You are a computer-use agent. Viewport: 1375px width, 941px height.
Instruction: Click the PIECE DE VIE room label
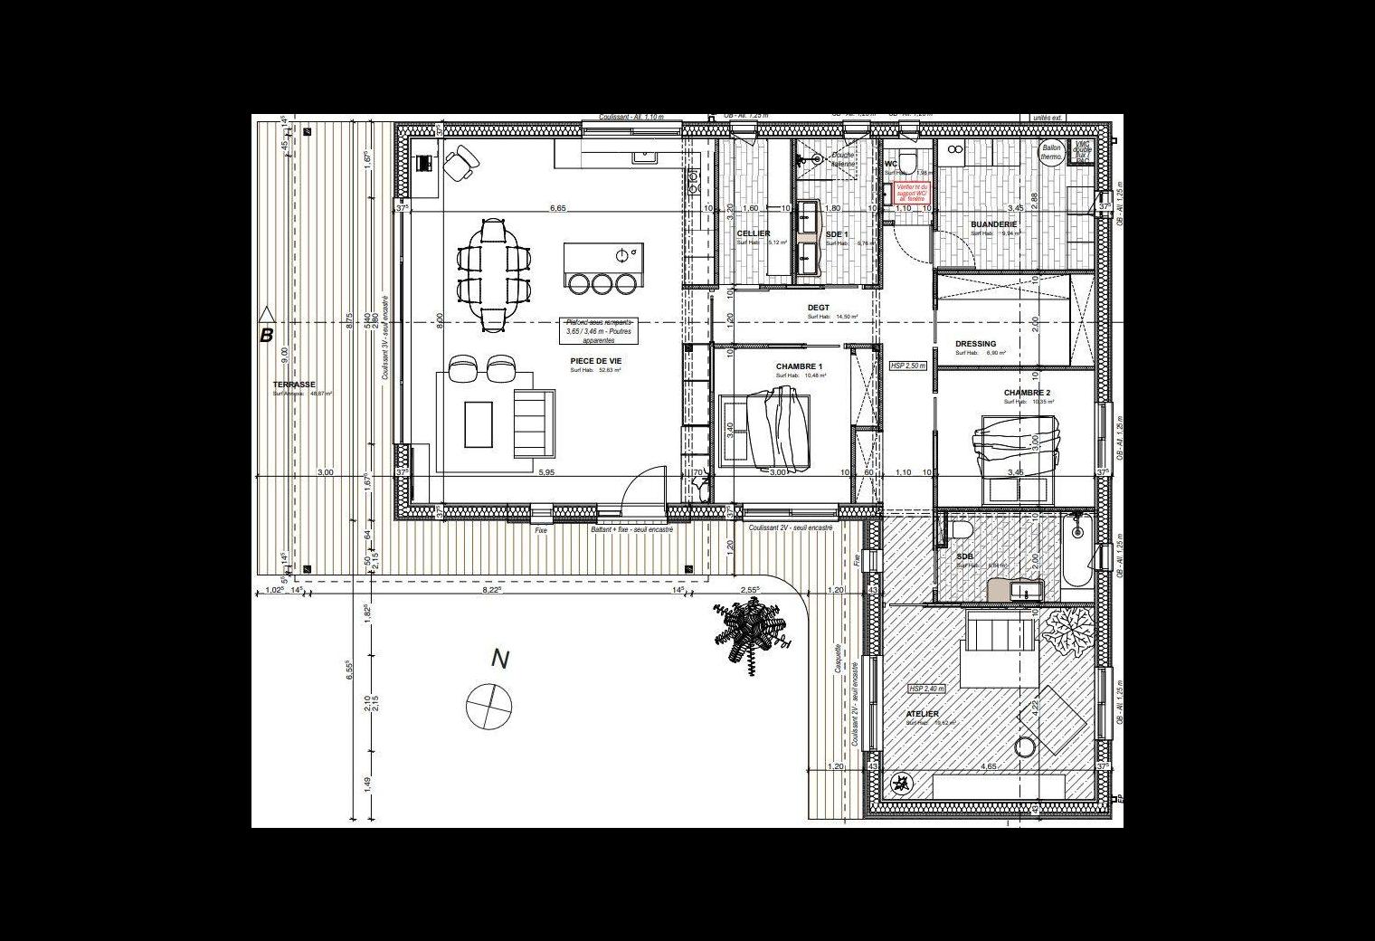(x=595, y=360)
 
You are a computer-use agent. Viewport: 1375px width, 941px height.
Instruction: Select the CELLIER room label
(x=754, y=233)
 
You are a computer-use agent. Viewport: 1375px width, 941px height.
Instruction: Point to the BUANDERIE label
(x=993, y=223)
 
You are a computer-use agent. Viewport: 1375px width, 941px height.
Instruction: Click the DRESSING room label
(x=975, y=344)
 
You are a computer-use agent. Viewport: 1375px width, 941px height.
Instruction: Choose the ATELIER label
(x=922, y=714)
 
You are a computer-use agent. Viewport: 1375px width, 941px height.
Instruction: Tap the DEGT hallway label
(x=818, y=308)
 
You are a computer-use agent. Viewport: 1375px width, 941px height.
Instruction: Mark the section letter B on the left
(x=266, y=336)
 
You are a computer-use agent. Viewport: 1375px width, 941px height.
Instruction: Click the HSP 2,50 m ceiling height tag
(x=908, y=366)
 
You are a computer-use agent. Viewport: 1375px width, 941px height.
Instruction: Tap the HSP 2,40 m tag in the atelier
(x=925, y=689)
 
